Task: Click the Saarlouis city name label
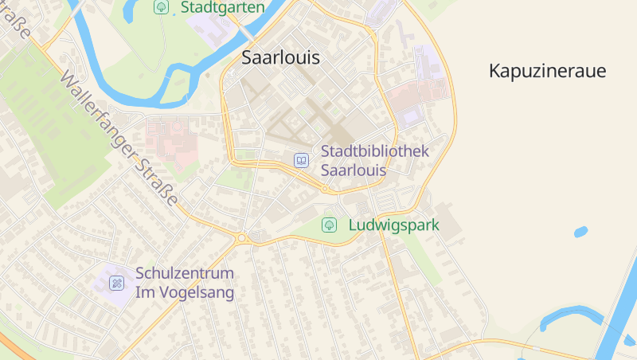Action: tap(280, 58)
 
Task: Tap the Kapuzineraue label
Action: tap(547, 71)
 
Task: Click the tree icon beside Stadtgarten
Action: tap(162, 7)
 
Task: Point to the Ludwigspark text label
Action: tap(393, 225)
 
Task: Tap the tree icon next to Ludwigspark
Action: tap(329, 225)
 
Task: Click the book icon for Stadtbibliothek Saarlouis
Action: tap(301, 160)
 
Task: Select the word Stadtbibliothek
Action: tap(375, 151)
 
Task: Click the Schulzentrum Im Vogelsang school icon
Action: tap(116, 282)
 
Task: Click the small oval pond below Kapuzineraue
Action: tap(580, 233)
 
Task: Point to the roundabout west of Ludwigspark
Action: tap(242, 237)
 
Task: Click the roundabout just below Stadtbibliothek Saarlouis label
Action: tap(326, 190)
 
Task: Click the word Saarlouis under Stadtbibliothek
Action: tap(353, 170)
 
